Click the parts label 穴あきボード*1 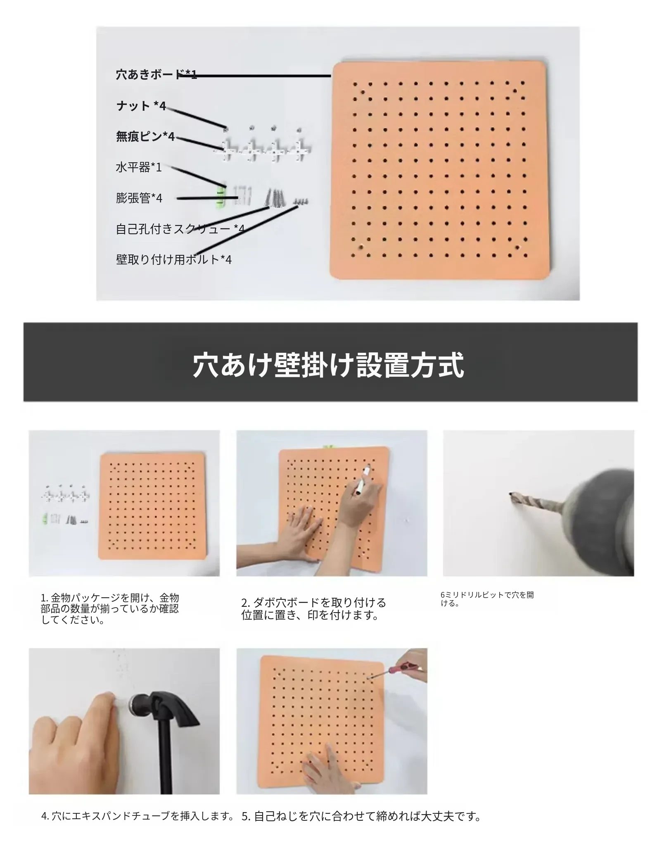pos(157,75)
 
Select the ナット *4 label pos(141,106)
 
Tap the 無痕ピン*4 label pos(145,136)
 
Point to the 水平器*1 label pos(139,167)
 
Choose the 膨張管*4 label pos(139,198)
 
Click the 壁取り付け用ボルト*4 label pos(174,259)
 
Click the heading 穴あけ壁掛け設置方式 pos(329,365)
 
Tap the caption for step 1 pos(110,609)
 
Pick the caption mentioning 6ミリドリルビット pos(487,599)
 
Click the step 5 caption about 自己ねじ pos(361,816)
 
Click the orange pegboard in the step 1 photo pos(152,506)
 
